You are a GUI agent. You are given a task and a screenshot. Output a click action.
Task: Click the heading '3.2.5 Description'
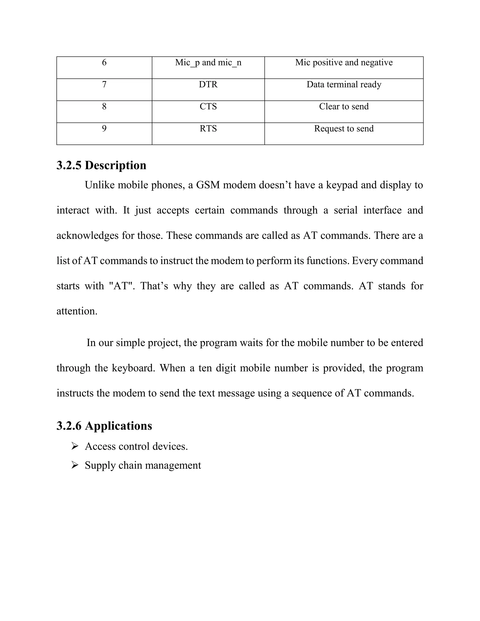pos(101,165)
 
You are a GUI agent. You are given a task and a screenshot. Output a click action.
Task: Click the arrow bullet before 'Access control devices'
pos(75,446)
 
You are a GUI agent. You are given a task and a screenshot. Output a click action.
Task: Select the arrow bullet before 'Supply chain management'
pos(75,465)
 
